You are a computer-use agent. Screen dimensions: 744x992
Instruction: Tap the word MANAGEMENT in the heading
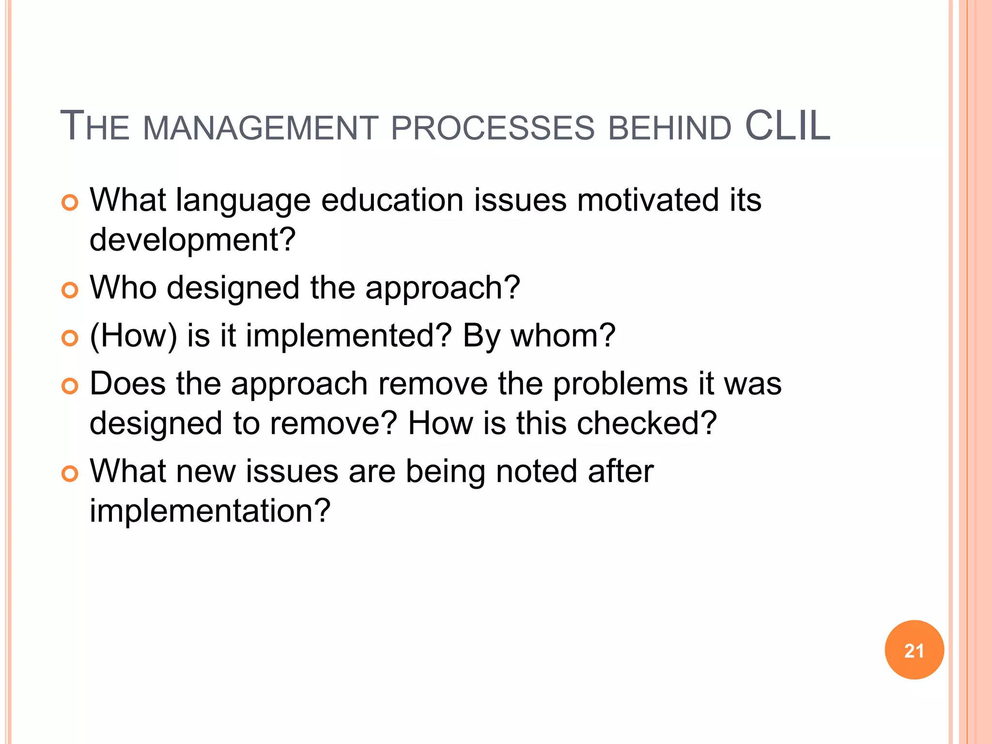pyautogui.click(x=261, y=128)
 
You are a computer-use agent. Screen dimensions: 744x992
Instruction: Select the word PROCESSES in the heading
pyautogui.click(x=492, y=128)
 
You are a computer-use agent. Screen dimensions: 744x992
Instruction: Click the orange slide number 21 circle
pyautogui.click(x=914, y=650)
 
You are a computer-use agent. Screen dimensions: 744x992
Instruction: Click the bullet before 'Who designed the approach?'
pyautogui.click(x=70, y=291)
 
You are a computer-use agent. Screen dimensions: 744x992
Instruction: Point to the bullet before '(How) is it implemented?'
pyautogui.click(x=70, y=338)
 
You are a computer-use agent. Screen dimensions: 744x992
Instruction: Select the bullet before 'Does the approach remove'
pyautogui.click(x=70, y=386)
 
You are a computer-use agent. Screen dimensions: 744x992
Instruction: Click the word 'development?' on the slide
pyautogui.click(x=192, y=240)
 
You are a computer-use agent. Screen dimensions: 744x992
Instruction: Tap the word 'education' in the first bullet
pyautogui.click(x=392, y=200)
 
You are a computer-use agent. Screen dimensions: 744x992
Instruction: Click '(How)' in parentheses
pyautogui.click(x=133, y=336)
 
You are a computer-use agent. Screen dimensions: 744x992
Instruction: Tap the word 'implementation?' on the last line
pyautogui.click(x=210, y=511)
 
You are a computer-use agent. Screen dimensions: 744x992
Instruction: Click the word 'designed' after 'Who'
pyautogui.click(x=233, y=288)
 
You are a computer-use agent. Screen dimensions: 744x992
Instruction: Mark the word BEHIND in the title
pyautogui.click(x=669, y=128)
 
